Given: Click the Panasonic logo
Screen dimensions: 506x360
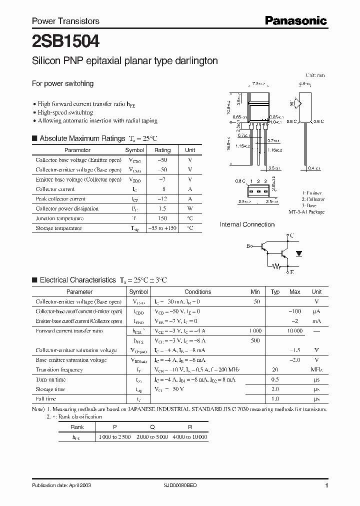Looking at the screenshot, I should click(x=295, y=20).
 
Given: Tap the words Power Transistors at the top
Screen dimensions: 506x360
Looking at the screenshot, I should click(x=65, y=21).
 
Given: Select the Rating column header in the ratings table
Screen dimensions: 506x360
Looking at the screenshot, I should click(x=162, y=150).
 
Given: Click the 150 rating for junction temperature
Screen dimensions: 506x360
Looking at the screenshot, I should click(x=162, y=218).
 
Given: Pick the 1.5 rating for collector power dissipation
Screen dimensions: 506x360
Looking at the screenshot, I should click(x=162, y=208).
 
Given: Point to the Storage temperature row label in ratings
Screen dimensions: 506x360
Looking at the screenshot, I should click(x=58, y=228).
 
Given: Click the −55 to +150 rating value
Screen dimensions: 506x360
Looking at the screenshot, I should click(x=163, y=228).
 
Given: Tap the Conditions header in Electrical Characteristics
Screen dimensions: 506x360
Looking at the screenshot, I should click(x=198, y=292).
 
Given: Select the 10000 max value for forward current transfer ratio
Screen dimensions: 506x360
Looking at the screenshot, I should click(x=295, y=331).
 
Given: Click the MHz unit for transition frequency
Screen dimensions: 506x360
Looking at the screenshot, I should click(x=316, y=370).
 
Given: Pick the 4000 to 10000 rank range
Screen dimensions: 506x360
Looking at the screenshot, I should click(x=189, y=437).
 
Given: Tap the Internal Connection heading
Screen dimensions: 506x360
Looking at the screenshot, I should click(x=247, y=225).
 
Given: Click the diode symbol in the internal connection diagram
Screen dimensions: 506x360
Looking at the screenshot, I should click(x=298, y=254).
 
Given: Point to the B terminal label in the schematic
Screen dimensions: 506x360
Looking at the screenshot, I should click(x=248, y=246).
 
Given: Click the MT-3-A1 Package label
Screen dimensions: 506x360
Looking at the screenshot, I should click(x=306, y=212).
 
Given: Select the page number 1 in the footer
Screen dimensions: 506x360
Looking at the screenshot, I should click(x=326, y=485).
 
